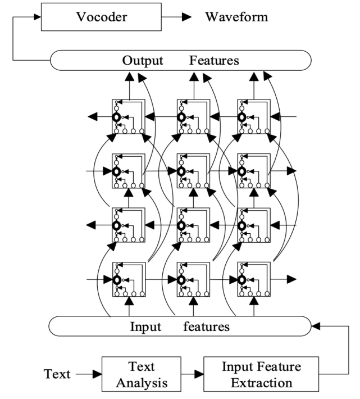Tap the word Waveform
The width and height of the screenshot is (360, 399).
pos(236,17)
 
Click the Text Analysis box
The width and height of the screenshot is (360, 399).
pos(142,374)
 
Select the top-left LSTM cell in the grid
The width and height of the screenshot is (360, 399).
pos(129,116)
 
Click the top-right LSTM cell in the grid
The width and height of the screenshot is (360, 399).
pos(254,116)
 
